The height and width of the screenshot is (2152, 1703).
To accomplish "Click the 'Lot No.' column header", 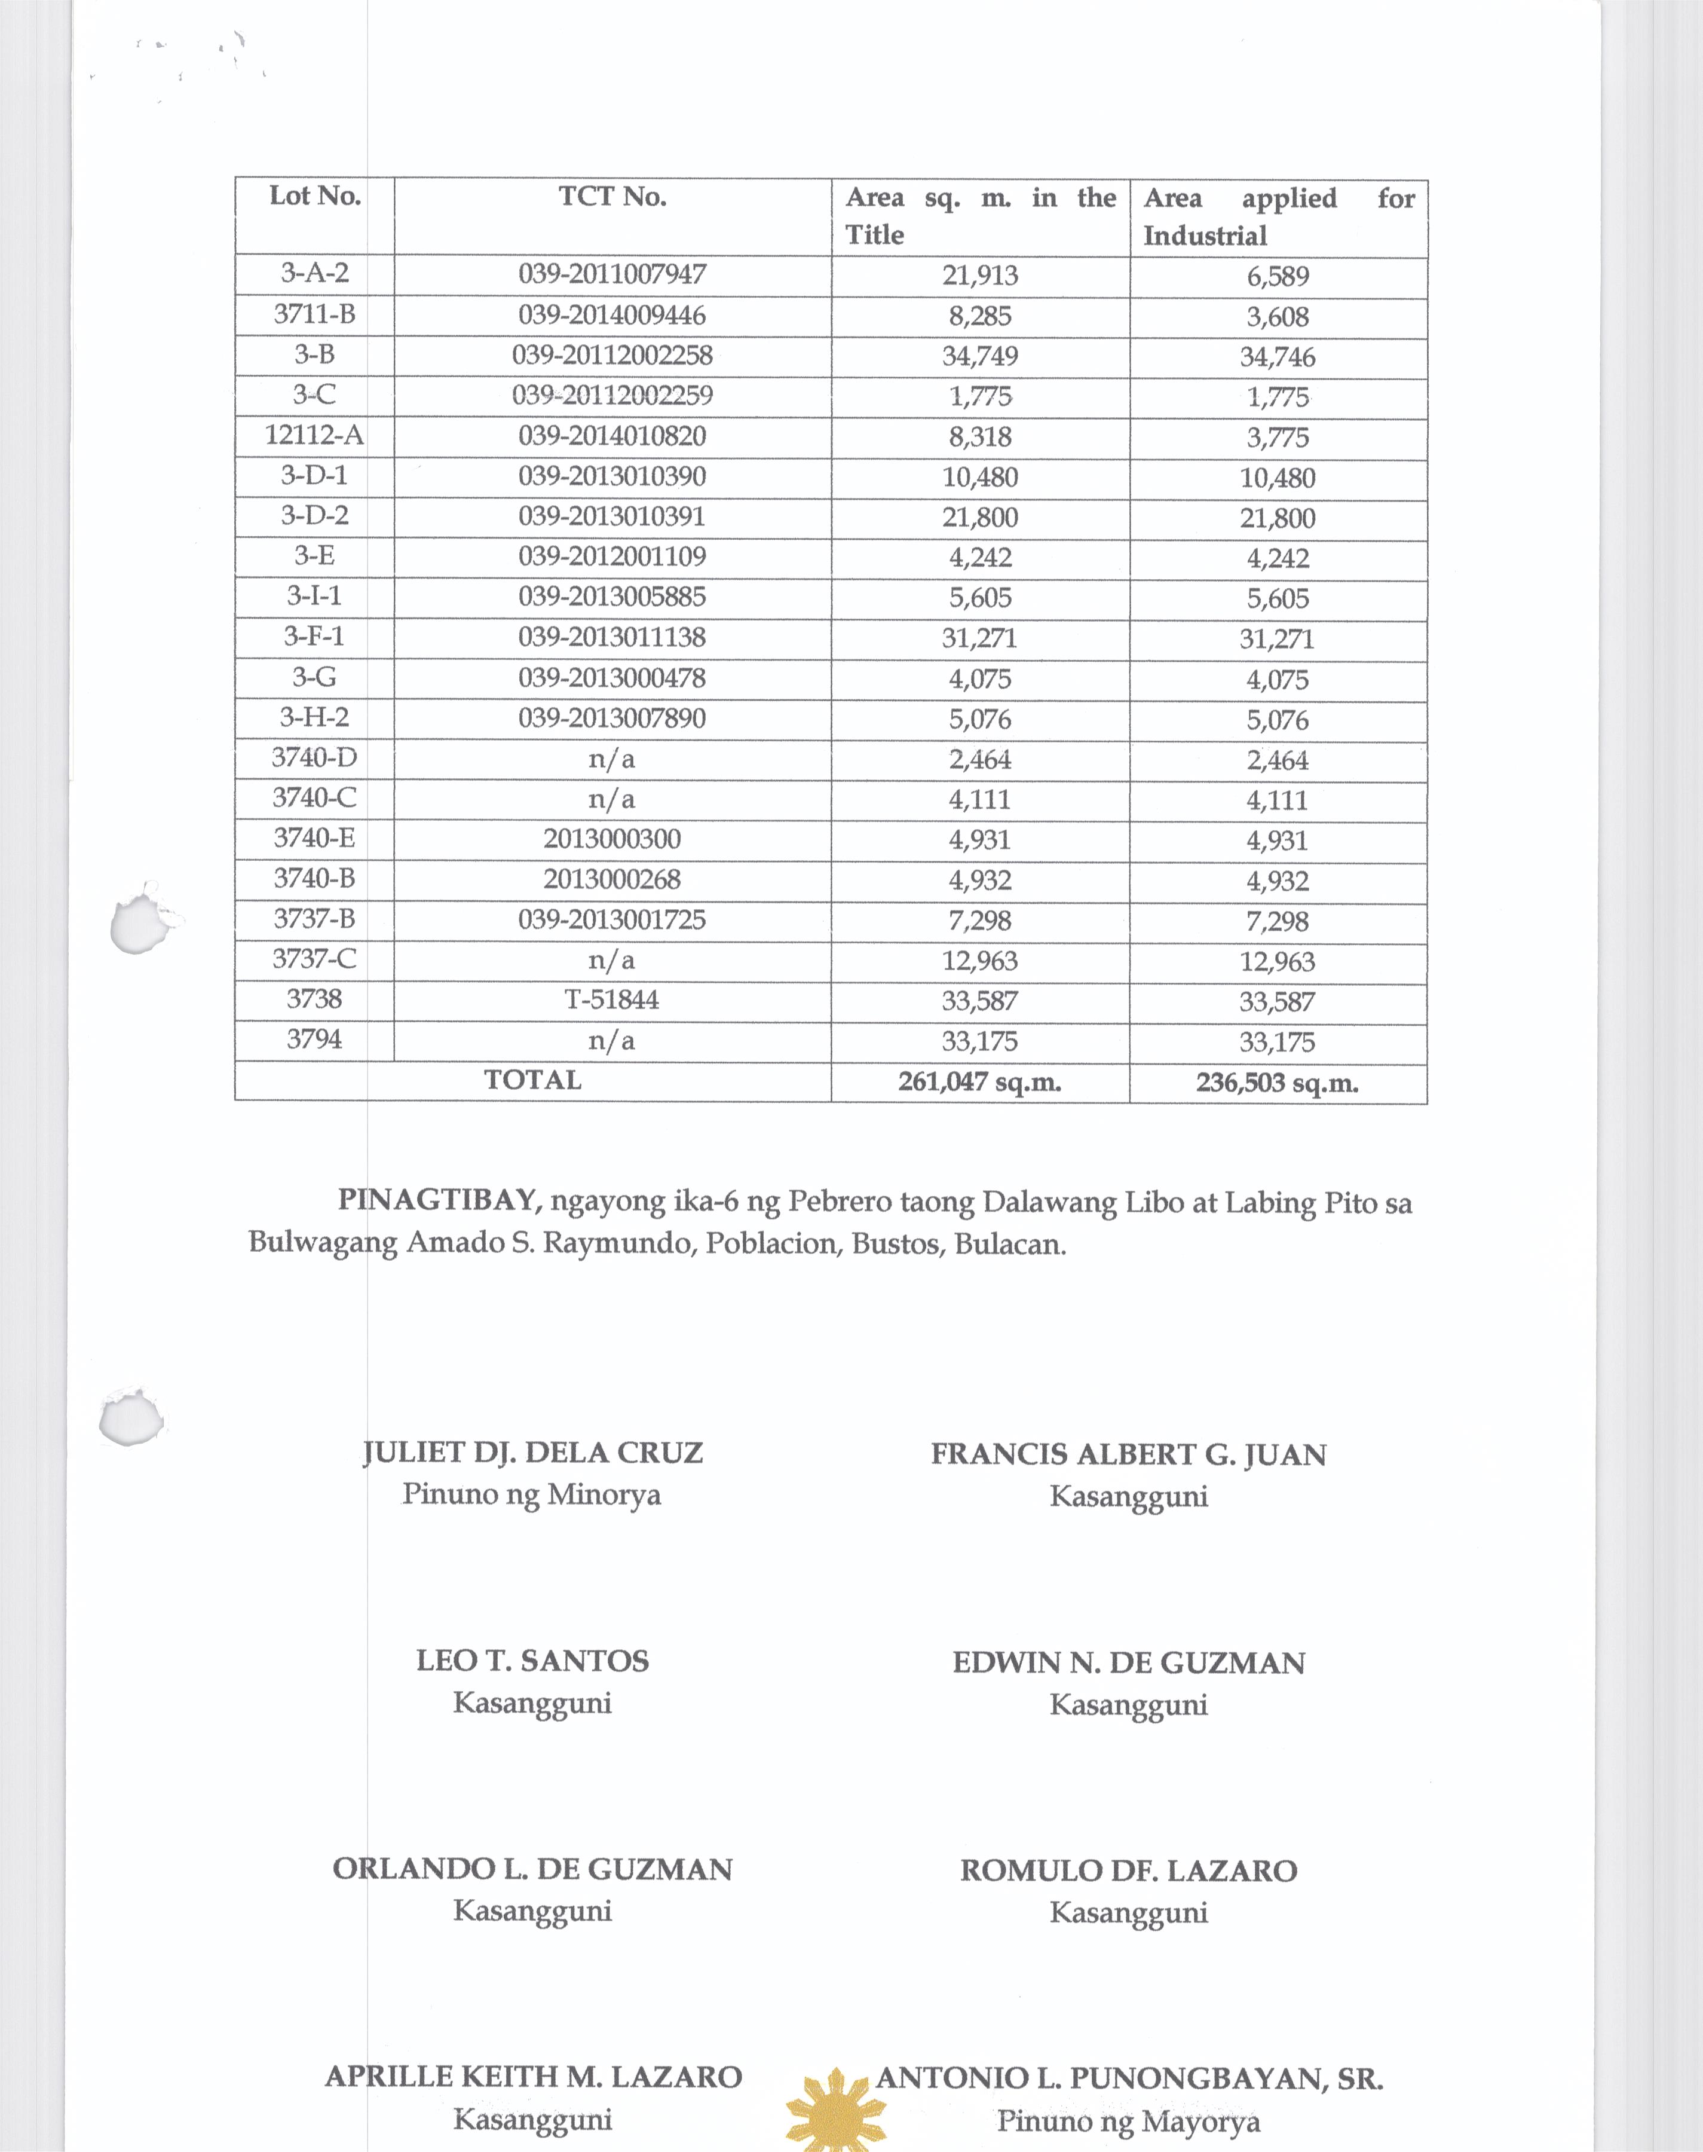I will (x=315, y=197).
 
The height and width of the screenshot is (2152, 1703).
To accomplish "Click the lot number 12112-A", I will (x=314, y=436).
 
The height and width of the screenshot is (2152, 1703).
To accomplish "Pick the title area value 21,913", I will (x=980, y=275).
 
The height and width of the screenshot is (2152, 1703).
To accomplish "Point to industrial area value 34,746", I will (x=1278, y=357).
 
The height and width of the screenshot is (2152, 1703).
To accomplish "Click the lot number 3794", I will (x=314, y=1039).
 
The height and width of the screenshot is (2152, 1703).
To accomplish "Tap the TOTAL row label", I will (x=532, y=1080).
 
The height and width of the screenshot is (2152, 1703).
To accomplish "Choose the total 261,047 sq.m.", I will (x=979, y=1082).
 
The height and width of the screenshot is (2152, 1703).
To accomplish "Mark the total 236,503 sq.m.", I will (x=1278, y=1083).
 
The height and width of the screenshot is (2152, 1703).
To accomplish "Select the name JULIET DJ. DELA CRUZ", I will (x=532, y=1453).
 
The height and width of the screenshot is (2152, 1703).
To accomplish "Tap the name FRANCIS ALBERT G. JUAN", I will (x=1129, y=1455).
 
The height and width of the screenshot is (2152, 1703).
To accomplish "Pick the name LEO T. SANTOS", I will (x=532, y=1661).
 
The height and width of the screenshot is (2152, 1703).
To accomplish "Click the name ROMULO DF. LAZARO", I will (x=1129, y=1871).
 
